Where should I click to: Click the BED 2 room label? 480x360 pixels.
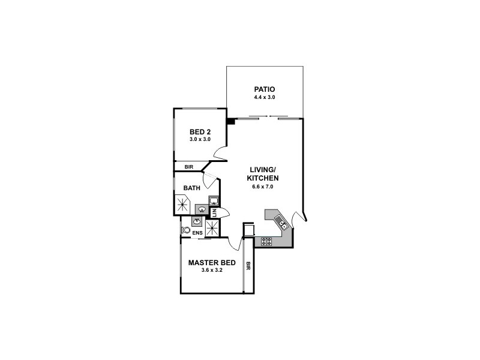pyautogui.click(x=200, y=132)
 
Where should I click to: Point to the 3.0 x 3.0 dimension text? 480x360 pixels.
pyautogui.click(x=200, y=140)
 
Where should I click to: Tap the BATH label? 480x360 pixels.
pyautogui.click(x=192, y=188)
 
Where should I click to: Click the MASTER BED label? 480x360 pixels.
pyautogui.click(x=211, y=263)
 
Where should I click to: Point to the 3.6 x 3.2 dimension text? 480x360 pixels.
pyautogui.click(x=211, y=271)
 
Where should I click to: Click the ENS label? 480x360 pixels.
pyautogui.click(x=196, y=232)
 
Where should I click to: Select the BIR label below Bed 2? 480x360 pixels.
pyautogui.click(x=188, y=167)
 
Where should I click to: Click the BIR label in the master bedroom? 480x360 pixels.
pyautogui.click(x=247, y=263)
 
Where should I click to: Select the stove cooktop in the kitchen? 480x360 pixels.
pyautogui.click(x=266, y=241)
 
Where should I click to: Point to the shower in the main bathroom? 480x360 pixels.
pyautogui.click(x=182, y=203)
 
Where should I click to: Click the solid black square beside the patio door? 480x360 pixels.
pyautogui.click(x=230, y=121)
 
